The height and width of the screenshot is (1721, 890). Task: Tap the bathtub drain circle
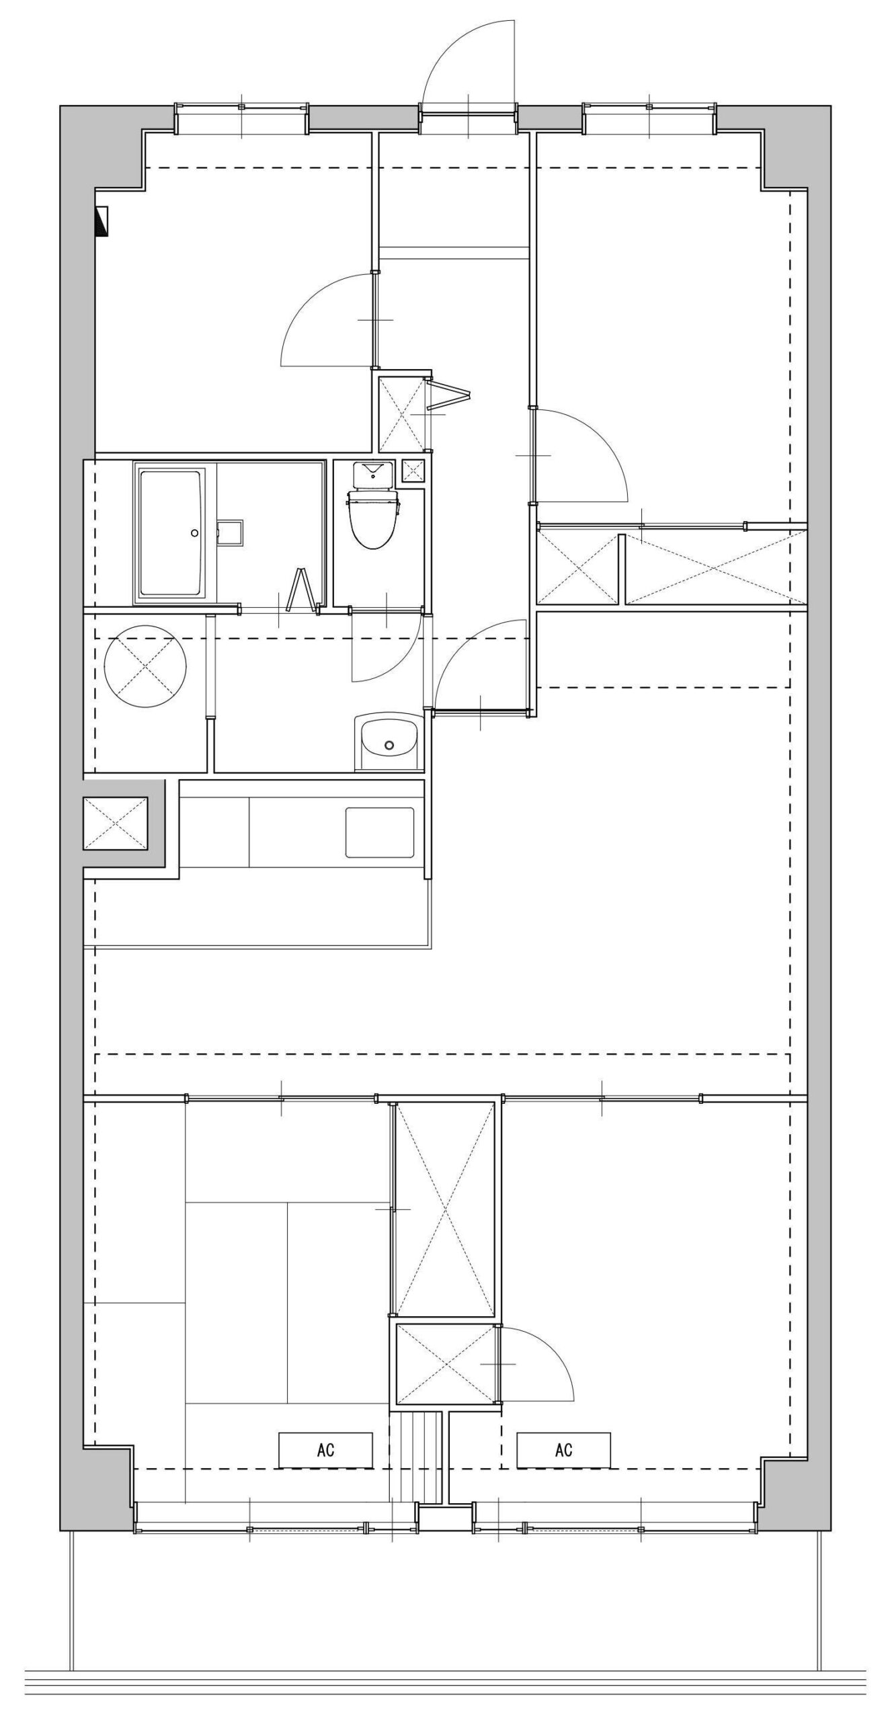click(x=195, y=533)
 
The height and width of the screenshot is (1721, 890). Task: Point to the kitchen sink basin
click(x=380, y=832)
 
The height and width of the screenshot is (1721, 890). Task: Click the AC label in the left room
click(x=326, y=1450)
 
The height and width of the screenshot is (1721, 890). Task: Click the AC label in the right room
click(x=564, y=1450)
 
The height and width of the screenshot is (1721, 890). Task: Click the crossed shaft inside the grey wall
click(x=116, y=823)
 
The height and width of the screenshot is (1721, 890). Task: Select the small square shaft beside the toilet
click(x=413, y=471)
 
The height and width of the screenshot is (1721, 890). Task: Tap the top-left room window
click(x=242, y=119)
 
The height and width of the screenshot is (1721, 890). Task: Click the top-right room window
click(x=649, y=119)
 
